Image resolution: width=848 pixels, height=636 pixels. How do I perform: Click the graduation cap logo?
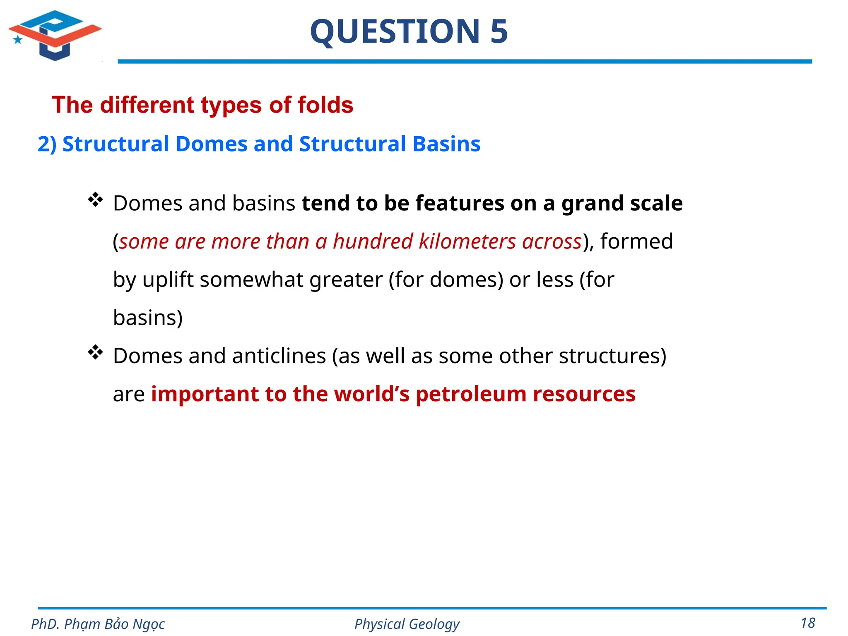[x=55, y=35]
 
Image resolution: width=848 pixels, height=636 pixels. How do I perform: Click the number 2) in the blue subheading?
[x=47, y=144]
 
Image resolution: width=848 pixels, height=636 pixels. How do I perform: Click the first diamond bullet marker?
[x=95, y=200]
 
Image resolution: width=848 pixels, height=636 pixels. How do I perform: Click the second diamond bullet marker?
[x=95, y=352]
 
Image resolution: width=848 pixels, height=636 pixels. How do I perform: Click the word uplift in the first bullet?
[x=168, y=279]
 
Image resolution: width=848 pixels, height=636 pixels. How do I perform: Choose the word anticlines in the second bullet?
[x=279, y=356]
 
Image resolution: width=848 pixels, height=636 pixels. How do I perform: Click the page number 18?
[x=808, y=623]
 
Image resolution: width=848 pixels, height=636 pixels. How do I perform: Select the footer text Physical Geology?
[x=407, y=624]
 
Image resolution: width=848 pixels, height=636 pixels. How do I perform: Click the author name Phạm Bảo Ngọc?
[x=114, y=624]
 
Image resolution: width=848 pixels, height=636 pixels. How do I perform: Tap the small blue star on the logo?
[x=18, y=40]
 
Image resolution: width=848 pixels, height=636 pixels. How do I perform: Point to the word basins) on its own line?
[x=148, y=318]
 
